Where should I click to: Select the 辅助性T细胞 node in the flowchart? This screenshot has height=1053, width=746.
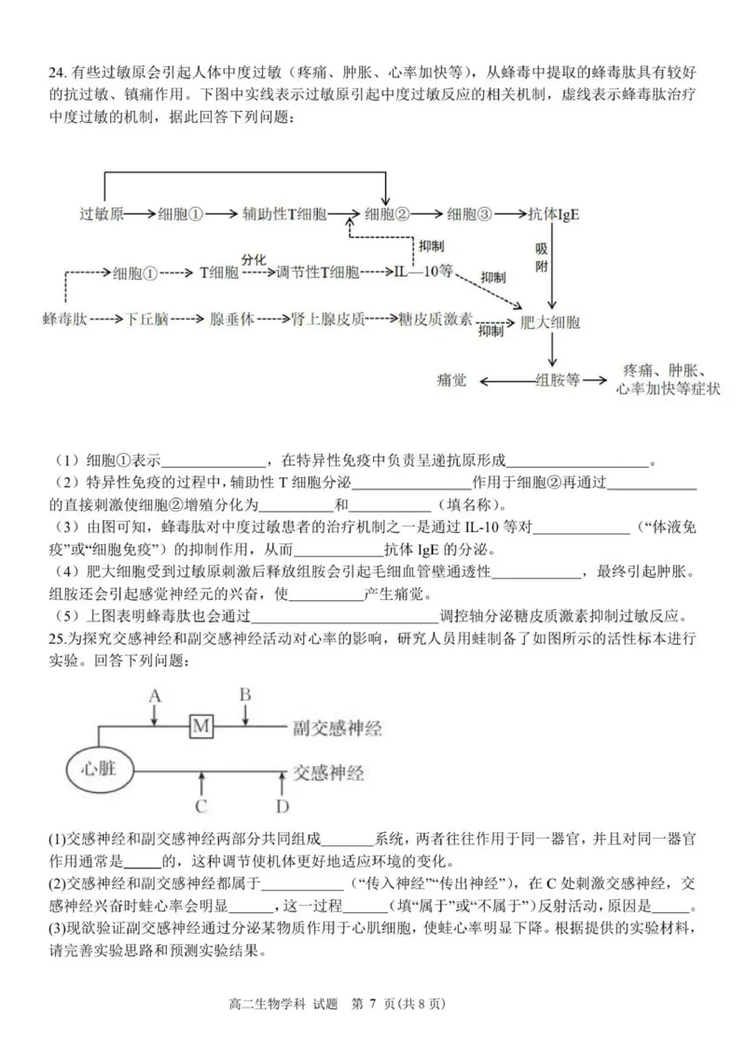pos(283,213)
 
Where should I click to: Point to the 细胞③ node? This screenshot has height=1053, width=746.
pos(469,213)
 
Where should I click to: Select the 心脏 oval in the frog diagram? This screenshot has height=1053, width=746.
pos(96,769)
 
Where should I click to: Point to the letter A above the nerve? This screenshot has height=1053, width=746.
pos(155,695)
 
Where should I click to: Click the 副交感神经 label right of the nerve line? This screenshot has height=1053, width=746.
pos(338,726)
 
